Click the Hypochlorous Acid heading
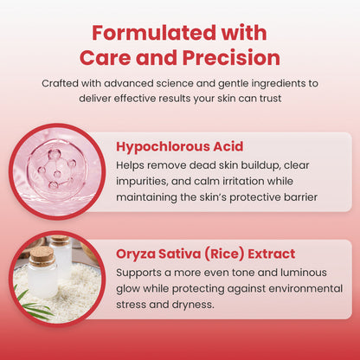[180, 146]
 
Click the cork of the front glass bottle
[43, 255]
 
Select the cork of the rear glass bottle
[61, 240]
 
